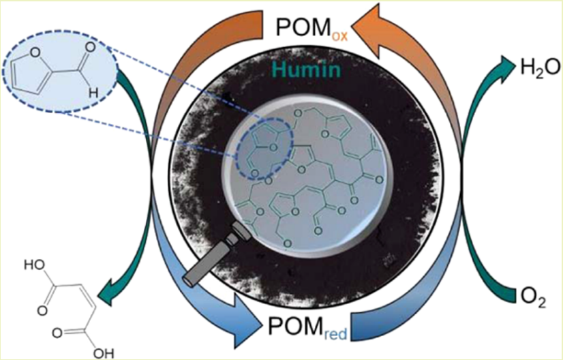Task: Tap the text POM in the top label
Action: tap(299, 29)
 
